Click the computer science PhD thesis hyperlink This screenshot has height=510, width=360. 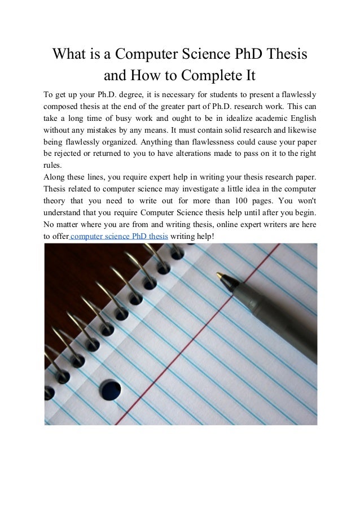(x=119, y=236)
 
